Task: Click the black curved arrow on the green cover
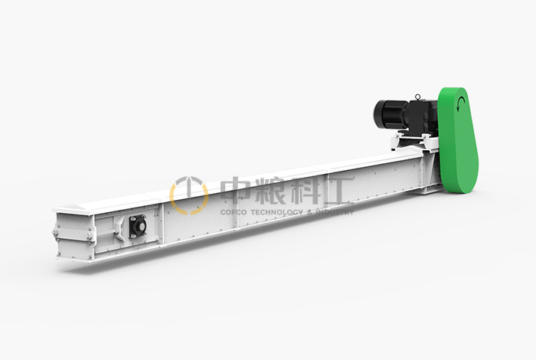coord(461,103)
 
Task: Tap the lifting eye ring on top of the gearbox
coord(417,97)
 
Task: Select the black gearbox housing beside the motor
coord(421,116)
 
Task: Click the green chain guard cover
coord(458,140)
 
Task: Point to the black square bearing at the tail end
coord(137,226)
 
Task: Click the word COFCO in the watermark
coord(234,212)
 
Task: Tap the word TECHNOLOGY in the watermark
coord(277,212)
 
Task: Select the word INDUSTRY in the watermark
coord(335,212)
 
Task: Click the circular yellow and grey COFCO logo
coord(189,195)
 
